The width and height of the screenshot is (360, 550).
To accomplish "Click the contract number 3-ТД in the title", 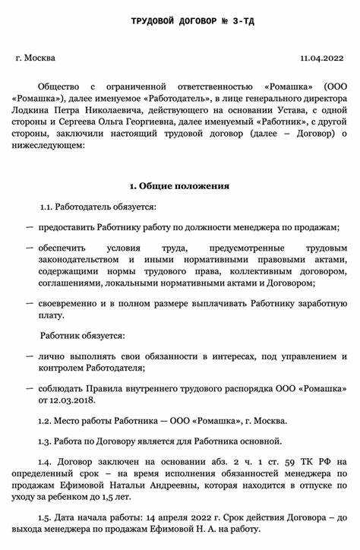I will click(242, 21).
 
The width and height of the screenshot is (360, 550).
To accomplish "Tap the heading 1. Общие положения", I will click(179, 185).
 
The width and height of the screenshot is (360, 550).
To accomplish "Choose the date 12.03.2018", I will click(66, 400).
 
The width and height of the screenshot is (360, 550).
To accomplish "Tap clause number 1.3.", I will click(49, 441).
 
